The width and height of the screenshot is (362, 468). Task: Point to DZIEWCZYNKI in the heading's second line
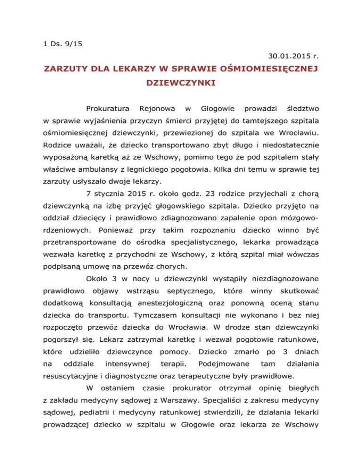181,87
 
